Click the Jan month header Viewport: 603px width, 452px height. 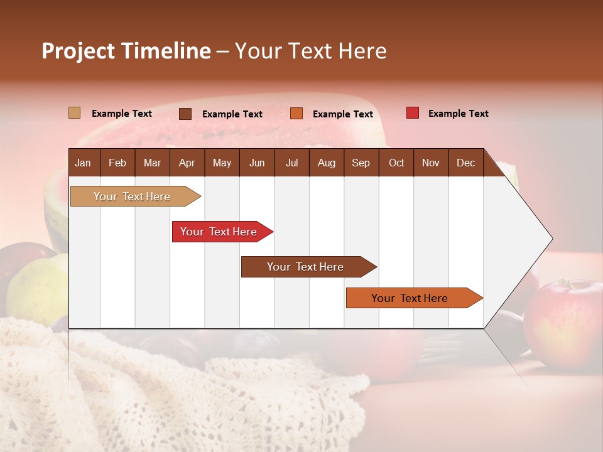[x=84, y=163]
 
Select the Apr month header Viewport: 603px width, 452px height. [x=187, y=163]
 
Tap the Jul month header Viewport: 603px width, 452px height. [x=291, y=163]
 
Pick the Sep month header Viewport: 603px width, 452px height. [x=361, y=163]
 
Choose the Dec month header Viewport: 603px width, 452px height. [x=465, y=163]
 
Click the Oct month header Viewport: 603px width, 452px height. [x=396, y=163]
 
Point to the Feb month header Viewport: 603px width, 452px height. [x=117, y=163]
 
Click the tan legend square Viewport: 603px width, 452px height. [x=75, y=113]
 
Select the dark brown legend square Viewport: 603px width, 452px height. [x=185, y=114]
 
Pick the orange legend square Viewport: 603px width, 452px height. [x=296, y=114]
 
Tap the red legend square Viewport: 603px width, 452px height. [x=413, y=113]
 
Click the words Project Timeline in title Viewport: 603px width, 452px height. [x=126, y=51]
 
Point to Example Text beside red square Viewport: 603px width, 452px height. [x=458, y=114]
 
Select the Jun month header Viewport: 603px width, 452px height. [x=257, y=163]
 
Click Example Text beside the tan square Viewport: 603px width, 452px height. [x=122, y=114]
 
